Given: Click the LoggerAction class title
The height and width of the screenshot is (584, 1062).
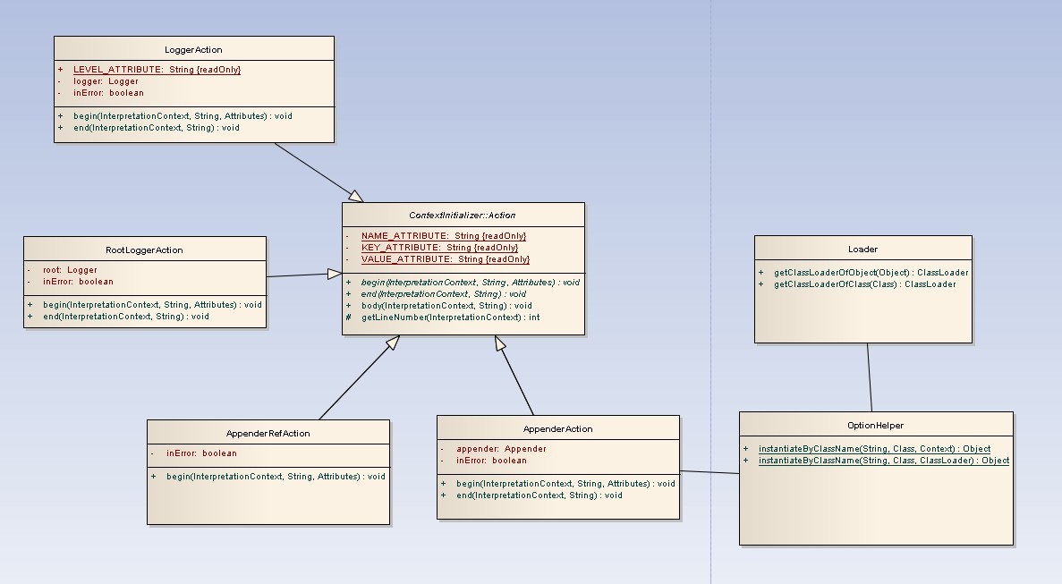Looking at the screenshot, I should (x=193, y=50).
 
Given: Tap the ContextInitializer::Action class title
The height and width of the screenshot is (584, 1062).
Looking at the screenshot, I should (x=462, y=216).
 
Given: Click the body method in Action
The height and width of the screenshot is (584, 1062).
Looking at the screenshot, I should (x=446, y=306).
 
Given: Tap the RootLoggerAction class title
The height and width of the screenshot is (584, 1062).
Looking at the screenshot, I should (x=144, y=250).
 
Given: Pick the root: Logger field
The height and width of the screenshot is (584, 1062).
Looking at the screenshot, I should (x=70, y=270).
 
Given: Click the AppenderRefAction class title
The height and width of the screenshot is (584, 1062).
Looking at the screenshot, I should (x=268, y=434).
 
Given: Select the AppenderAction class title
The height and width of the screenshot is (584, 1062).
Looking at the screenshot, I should (x=557, y=429).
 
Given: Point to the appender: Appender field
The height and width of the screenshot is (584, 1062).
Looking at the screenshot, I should (x=501, y=449).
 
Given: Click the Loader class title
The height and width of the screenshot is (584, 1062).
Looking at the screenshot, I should (x=862, y=250).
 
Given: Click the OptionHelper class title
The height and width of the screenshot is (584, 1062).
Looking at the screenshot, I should (x=875, y=426).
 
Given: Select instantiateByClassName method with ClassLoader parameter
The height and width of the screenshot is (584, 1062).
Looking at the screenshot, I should (x=883, y=461).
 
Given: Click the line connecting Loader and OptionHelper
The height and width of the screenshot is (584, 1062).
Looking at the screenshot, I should (x=869, y=377).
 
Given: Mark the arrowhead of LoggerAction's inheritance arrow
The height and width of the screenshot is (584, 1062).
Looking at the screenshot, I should (x=356, y=197).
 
